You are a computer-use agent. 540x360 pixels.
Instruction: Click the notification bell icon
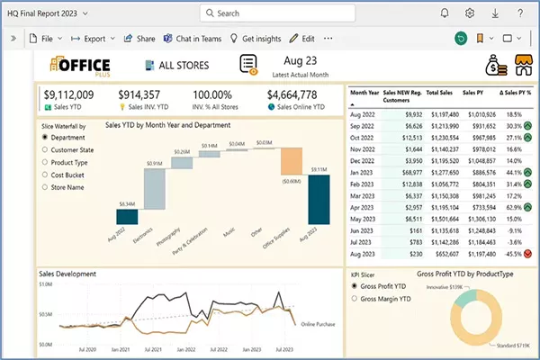point(445,13)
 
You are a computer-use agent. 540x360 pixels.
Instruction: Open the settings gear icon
point(470,13)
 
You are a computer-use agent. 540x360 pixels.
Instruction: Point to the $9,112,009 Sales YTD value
point(68,94)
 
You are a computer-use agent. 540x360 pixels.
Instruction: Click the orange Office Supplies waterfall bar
point(292,161)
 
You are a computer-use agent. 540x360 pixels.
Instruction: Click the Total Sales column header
point(438,93)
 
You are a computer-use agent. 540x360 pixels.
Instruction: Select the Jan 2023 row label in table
point(364,172)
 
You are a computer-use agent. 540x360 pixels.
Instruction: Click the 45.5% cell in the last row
point(514,254)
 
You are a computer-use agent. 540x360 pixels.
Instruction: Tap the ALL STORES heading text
point(184,65)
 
